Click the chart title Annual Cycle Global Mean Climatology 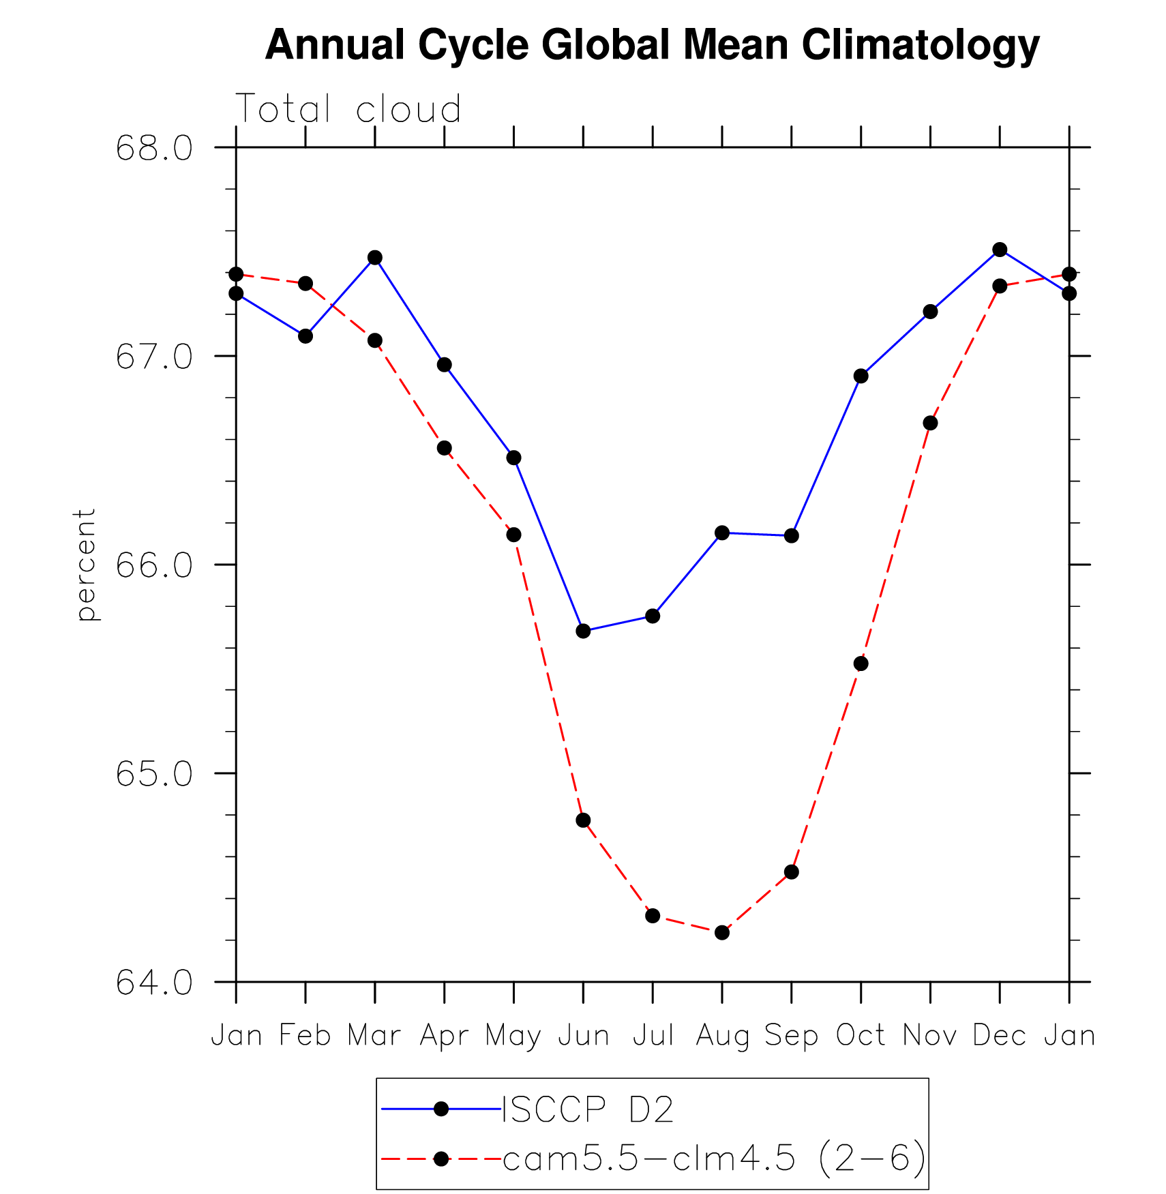[652, 45]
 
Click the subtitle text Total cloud [348, 109]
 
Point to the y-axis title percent [86, 565]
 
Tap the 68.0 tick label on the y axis [154, 148]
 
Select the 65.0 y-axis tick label [154, 774]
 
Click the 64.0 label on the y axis [154, 983]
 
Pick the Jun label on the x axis [583, 1035]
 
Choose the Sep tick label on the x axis [791, 1035]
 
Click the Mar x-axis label [374, 1035]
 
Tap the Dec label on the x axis [1000, 1035]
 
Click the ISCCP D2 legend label [588, 1109]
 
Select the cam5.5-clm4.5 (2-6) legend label [714, 1158]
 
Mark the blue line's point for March [374, 257]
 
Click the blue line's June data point [583, 631]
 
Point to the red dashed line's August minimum [722, 932]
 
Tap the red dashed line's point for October [861, 663]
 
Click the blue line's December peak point [1000, 250]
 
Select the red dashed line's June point [583, 820]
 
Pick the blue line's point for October [861, 376]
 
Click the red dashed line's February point [305, 283]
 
